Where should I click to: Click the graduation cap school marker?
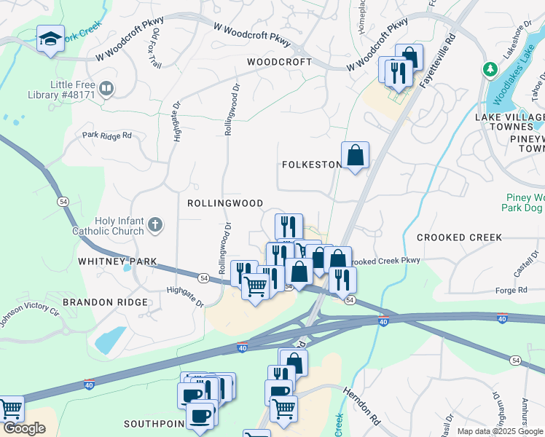50,39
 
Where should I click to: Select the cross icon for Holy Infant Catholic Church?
154,225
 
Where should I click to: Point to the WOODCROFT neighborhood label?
279,63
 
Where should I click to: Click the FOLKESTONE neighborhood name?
311,165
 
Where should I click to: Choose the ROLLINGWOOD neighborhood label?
224,203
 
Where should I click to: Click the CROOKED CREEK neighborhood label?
459,237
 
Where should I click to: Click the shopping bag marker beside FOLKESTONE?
355,155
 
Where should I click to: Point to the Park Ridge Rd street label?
106,135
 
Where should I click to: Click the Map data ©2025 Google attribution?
499,431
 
